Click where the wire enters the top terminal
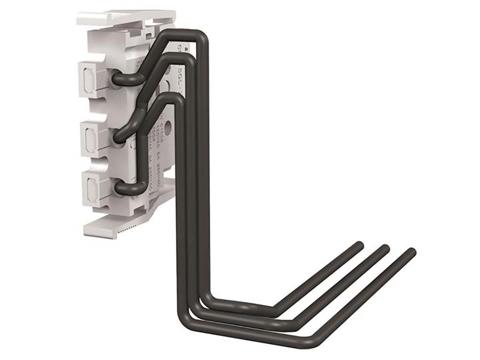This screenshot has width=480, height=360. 117,78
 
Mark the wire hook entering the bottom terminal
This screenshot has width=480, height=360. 120,187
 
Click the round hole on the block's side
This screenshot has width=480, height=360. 168,128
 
